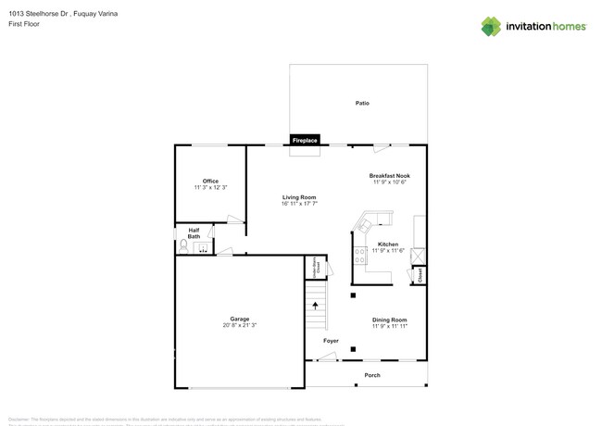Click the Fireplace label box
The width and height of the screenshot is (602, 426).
(305, 140)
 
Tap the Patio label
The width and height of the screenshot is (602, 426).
(362, 103)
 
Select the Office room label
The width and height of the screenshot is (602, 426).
(210, 181)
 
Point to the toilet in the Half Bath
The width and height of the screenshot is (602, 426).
(183, 246)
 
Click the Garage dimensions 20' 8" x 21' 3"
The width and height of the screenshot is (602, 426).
(240, 325)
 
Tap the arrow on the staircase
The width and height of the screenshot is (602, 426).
(315, 305)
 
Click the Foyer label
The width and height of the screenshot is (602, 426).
(331, 341)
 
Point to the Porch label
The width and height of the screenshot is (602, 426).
(372, 375)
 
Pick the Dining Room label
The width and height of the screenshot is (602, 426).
(389, 319)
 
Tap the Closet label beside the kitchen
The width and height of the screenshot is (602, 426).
(419, 275)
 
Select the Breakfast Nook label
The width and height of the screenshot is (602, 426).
(389, 175)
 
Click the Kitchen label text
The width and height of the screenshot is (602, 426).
(388, 244)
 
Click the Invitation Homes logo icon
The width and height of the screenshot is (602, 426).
(491, 27)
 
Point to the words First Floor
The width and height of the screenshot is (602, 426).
(23, 24)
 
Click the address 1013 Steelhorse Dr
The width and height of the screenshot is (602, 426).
(36, 14)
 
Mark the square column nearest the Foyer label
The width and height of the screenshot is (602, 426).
(353, 349)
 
